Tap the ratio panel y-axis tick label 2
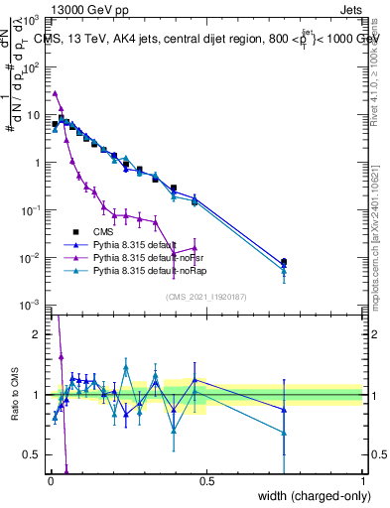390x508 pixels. pos(39,334)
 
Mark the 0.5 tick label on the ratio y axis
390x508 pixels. pos(35,454)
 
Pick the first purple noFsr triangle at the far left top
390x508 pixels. pos(56,93)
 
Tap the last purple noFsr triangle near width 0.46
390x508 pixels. pos(195,248)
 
